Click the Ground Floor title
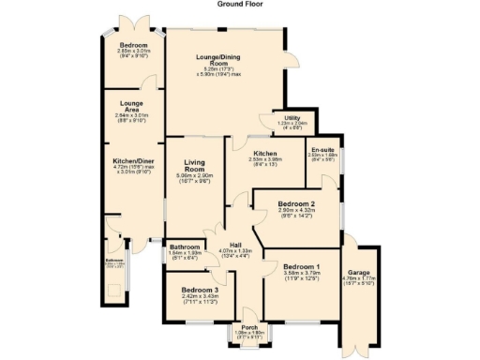(239, 4)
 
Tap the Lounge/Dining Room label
(226, 60)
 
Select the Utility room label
(293, 116)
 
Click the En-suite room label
(322, 150)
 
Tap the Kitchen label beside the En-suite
(264, 153)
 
